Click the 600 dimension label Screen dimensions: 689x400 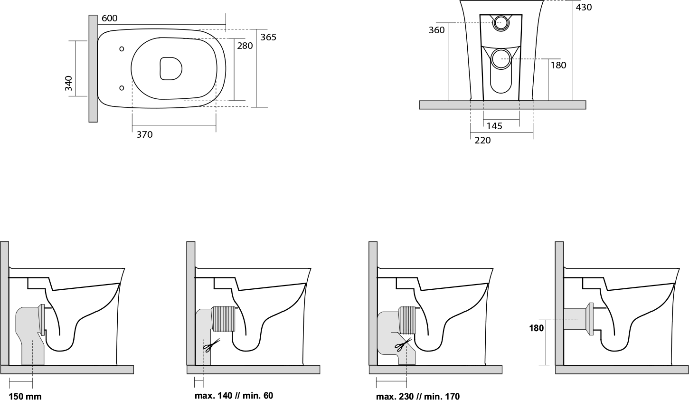[x=110, y=18]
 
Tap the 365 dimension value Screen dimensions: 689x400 [x=268, y=37]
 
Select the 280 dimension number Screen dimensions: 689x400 [x=245, y=46]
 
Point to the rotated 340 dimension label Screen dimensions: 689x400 [x=68, y=84]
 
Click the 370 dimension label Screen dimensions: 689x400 [x=144, y=135]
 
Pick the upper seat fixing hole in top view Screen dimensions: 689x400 [x=122, y=49]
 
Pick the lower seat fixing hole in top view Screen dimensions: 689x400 [x=122, y=88]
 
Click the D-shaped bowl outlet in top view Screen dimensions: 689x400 [x=171, y=68]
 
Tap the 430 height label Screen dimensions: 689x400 [x=584, y=8]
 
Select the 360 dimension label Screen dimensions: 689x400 [x=437, y=30]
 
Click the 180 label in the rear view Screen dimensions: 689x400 [x=558, y=65]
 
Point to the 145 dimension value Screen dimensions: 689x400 [x=494, y=126]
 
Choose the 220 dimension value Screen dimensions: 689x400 [x=482, y=141]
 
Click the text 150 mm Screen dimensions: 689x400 [x=25, y=397]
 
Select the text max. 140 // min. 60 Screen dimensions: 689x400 [x=234, y=395]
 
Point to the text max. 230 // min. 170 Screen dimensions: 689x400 [x=418, y=396]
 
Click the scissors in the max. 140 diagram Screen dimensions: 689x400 [x=212, y=345]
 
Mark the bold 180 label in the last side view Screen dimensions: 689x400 [x=537, y=328]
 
